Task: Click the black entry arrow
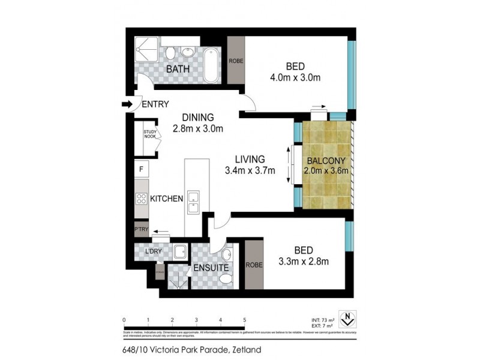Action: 127,104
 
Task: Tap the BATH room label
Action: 178,70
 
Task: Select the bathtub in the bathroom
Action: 211,65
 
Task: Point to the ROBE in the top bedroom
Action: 235,60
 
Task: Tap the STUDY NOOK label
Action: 149,135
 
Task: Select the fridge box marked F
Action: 141,169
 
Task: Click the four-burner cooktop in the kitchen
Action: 142,199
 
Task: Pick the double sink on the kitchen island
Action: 194,202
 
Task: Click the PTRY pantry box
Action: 141,229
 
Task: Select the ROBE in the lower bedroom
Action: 253,264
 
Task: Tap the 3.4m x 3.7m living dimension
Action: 249,170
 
